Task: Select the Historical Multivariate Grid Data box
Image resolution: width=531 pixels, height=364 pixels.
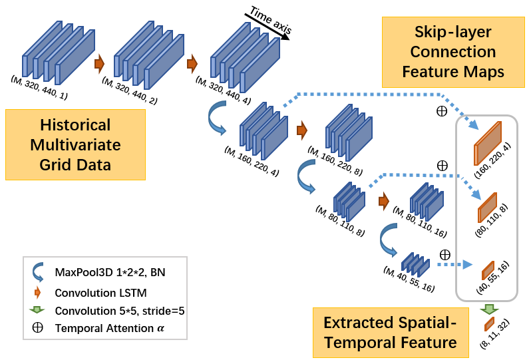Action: tap(75, 144)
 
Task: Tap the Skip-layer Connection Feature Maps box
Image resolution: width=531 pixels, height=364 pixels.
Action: tap(452, 52)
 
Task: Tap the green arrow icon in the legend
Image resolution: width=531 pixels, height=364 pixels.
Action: tap(37, 310)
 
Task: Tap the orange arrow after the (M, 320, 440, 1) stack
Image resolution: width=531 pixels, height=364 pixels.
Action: tap(100, 64)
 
